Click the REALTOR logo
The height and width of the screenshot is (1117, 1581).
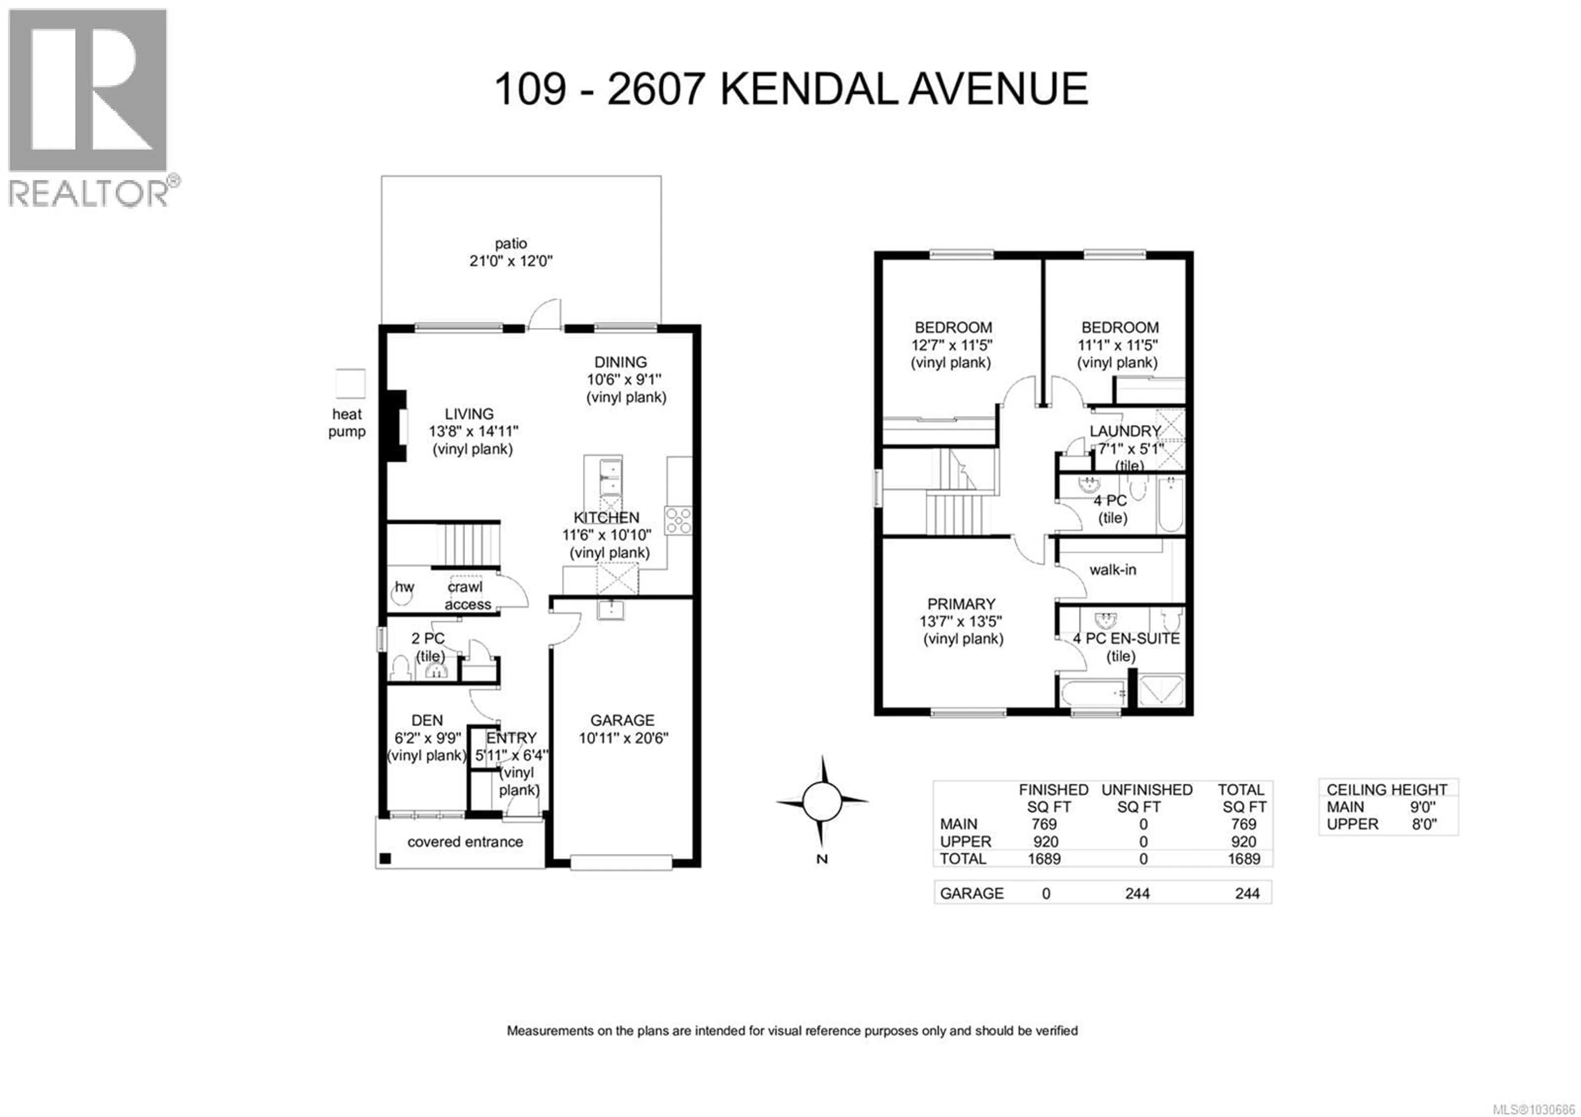[88, 107]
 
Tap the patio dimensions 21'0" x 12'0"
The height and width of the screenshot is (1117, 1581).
[511, 261]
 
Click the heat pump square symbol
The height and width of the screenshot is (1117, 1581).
[350, 383]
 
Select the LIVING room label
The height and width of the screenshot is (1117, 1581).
[469, 414]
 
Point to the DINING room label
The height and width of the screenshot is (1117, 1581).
[620, 362]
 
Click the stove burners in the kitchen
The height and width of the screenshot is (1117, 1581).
[678, 521]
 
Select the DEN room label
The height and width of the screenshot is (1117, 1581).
[427, 720]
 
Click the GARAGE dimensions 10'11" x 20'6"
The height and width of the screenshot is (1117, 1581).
[623, 738]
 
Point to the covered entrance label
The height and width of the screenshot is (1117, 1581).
[465, 841]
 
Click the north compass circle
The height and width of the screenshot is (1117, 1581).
[821, 802]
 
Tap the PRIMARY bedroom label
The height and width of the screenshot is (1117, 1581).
[961, 604]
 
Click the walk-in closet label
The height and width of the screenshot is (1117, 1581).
[1113, 570]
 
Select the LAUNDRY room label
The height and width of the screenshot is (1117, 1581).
[1125, 431]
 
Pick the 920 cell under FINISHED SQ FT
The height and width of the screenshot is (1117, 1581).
[1045, 841]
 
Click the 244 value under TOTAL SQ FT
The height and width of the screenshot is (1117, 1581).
[1247, 893]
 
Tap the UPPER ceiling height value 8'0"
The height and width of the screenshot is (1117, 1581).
[1424, 824]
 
